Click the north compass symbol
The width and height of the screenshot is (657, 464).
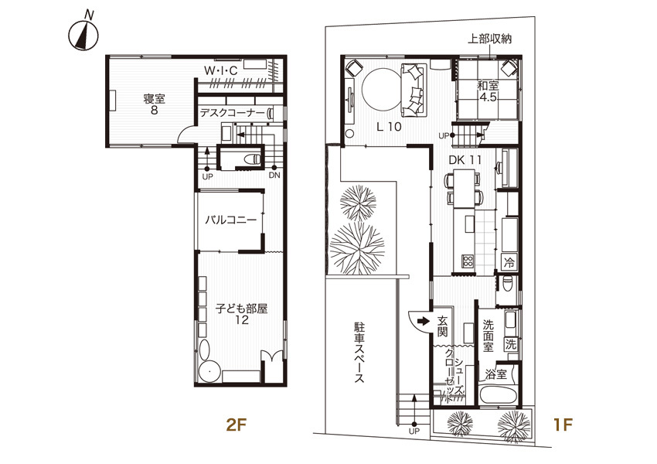point(83,35)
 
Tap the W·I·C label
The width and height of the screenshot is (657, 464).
point(221,70)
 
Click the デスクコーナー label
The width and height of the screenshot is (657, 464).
point(232,113)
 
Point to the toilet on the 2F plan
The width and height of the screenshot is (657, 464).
point(253,159)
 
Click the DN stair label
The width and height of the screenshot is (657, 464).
point(274,176)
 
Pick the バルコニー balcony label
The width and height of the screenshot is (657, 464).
point(230,220)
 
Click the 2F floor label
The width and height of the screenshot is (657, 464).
point(235,425)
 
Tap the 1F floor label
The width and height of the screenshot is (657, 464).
point(562,425)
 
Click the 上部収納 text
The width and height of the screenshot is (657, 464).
point(489,39)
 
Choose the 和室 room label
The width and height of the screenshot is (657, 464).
point(488,86)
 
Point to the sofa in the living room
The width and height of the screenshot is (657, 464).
point(414,90)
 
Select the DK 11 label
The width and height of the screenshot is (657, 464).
point(465,160)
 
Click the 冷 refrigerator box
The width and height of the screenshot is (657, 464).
point(509,262)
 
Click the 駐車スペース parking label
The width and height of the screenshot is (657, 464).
point(359,352)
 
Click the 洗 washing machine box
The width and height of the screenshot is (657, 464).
point(511,345)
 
